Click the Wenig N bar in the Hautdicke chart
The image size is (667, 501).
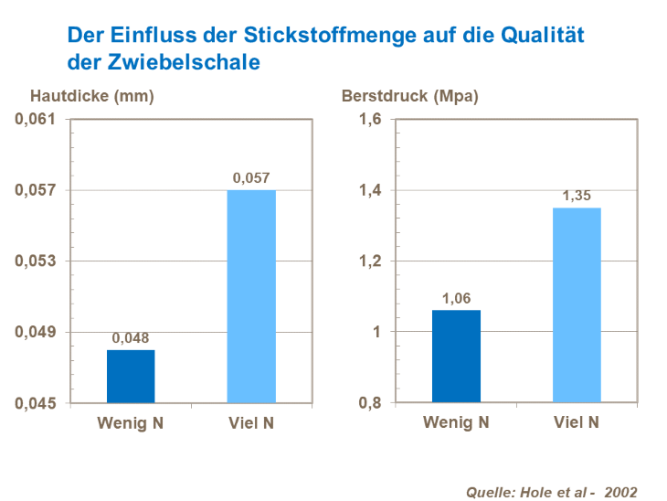[x=131, y=376]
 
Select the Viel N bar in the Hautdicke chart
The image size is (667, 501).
[x=250, y=296]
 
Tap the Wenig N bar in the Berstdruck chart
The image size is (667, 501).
[x=456, y=356]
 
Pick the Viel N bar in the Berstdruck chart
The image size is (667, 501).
[x=577, y=304]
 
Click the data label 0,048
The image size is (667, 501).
[x=131, y=338]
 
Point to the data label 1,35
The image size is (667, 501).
[x=577, y=196]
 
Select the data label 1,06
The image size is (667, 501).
[x=456, y=298]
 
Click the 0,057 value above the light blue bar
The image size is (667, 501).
[x=250, y=178]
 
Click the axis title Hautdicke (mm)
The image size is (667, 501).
[x=91, y=95]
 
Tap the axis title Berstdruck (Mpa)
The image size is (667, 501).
[x=409, y=95]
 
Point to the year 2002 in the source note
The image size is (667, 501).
[x=619, y=491]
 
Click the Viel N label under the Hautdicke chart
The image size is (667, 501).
[x=250, y=422]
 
